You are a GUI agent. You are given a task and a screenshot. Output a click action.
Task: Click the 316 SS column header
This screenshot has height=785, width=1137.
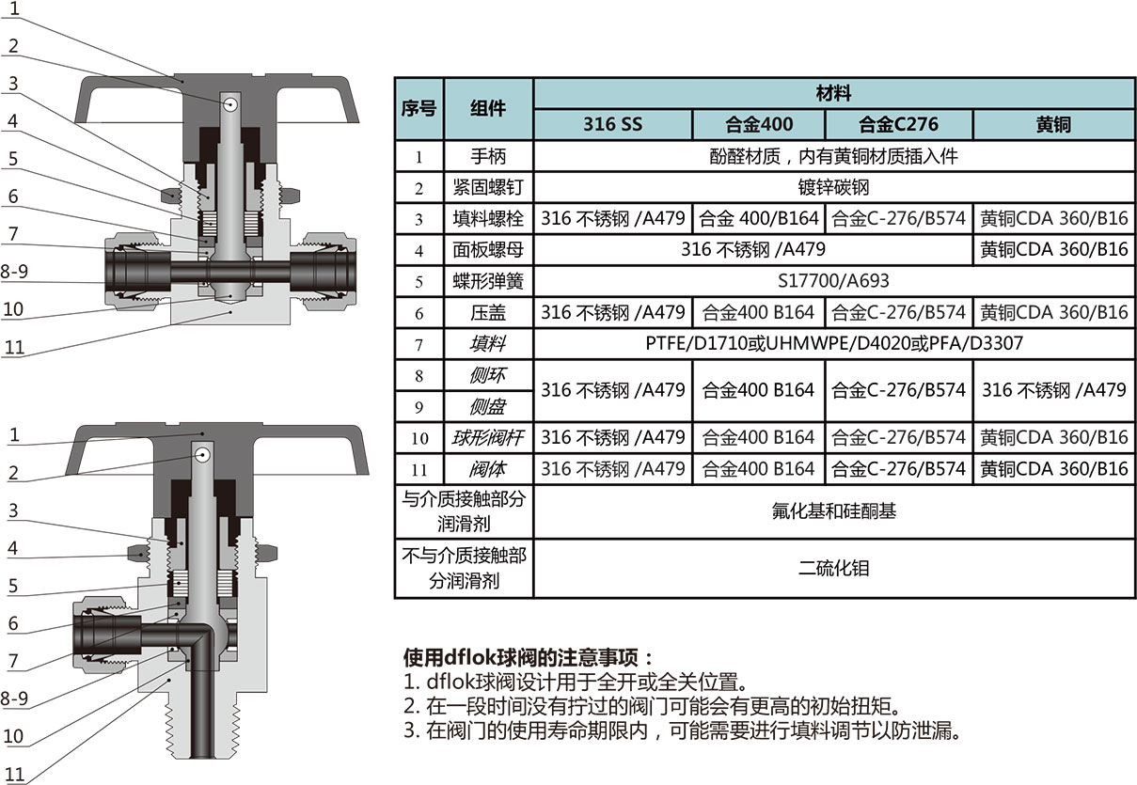coord(612,124)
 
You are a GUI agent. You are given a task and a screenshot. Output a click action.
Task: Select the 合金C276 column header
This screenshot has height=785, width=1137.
coord(898,124)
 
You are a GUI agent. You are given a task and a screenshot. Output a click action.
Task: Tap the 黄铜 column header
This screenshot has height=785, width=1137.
coord(1053,124)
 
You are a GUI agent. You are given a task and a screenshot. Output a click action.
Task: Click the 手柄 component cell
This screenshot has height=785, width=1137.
coord(488,156)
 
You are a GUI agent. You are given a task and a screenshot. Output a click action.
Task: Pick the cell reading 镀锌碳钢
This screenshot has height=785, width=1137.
coord(833,187)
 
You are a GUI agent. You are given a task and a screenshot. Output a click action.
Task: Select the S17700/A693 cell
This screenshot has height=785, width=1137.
coord(833,280)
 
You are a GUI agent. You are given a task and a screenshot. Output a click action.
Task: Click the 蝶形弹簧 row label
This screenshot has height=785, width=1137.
coord(488,280)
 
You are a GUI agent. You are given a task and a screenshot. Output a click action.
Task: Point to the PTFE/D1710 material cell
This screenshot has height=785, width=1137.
coord(833,343)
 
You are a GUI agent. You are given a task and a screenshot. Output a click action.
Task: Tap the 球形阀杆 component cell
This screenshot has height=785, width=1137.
coord(488,437)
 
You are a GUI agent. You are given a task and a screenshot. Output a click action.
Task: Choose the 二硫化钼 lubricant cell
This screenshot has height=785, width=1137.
coord(833,567)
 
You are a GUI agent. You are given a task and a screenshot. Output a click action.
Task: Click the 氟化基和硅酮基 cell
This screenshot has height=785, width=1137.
coord(833,510)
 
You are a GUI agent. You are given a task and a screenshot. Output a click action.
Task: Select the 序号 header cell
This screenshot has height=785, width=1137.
coord(418,108)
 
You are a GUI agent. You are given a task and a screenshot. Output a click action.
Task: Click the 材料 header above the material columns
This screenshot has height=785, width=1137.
coord(833,93)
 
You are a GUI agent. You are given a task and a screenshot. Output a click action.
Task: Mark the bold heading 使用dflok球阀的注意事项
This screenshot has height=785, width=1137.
coord(527,656)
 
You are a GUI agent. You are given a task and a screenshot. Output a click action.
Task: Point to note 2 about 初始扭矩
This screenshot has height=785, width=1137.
coord(652,706)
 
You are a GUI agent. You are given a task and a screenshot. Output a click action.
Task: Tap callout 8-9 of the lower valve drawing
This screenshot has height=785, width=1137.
coord(16,699)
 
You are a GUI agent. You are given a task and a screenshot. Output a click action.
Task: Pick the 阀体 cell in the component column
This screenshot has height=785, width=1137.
coord(488,468)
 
